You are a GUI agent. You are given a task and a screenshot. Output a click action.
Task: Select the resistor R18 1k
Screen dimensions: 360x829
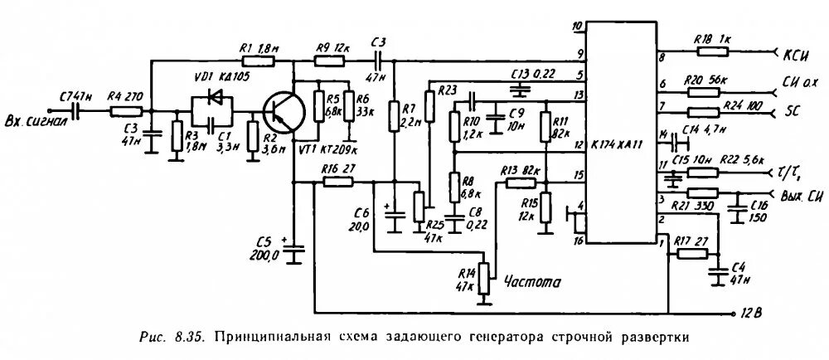point(710,51)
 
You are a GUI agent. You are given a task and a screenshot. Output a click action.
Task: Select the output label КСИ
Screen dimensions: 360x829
point(797,54)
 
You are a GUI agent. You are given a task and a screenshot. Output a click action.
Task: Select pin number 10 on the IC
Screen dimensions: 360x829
point(577,26)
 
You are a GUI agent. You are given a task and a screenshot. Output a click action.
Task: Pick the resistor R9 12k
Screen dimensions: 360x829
point(329,61)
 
